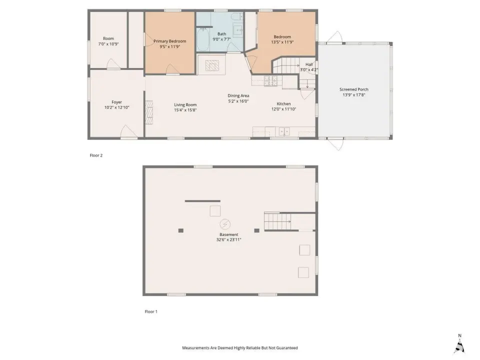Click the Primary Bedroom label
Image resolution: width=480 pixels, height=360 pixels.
click(169, 41)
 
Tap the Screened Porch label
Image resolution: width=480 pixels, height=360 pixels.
click(354, 89)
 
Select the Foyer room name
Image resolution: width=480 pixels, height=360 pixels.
click(116, 102)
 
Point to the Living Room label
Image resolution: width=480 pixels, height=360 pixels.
click(185, 104)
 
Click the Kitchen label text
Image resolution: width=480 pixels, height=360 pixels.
click(284, 104)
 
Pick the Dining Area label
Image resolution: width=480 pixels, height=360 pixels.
click(238, 95)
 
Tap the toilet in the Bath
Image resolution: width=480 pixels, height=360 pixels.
click(237, 16)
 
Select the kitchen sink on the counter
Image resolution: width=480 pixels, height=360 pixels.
click(284, 131)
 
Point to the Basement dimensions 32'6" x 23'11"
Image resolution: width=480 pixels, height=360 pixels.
click(228, 239)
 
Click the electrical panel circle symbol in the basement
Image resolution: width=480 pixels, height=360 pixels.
click(225, 224)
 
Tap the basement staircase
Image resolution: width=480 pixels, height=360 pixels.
click(277, 221)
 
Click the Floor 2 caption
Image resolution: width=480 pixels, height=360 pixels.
click(96, 155)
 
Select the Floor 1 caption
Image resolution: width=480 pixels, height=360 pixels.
click(151, 311)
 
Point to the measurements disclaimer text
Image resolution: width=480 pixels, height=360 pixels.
click(239, 348)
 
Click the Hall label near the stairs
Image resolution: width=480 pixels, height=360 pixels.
click(309, 64)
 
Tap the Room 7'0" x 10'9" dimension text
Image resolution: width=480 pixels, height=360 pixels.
click(108, 44)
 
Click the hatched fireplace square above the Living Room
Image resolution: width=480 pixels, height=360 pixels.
click(212, 65)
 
